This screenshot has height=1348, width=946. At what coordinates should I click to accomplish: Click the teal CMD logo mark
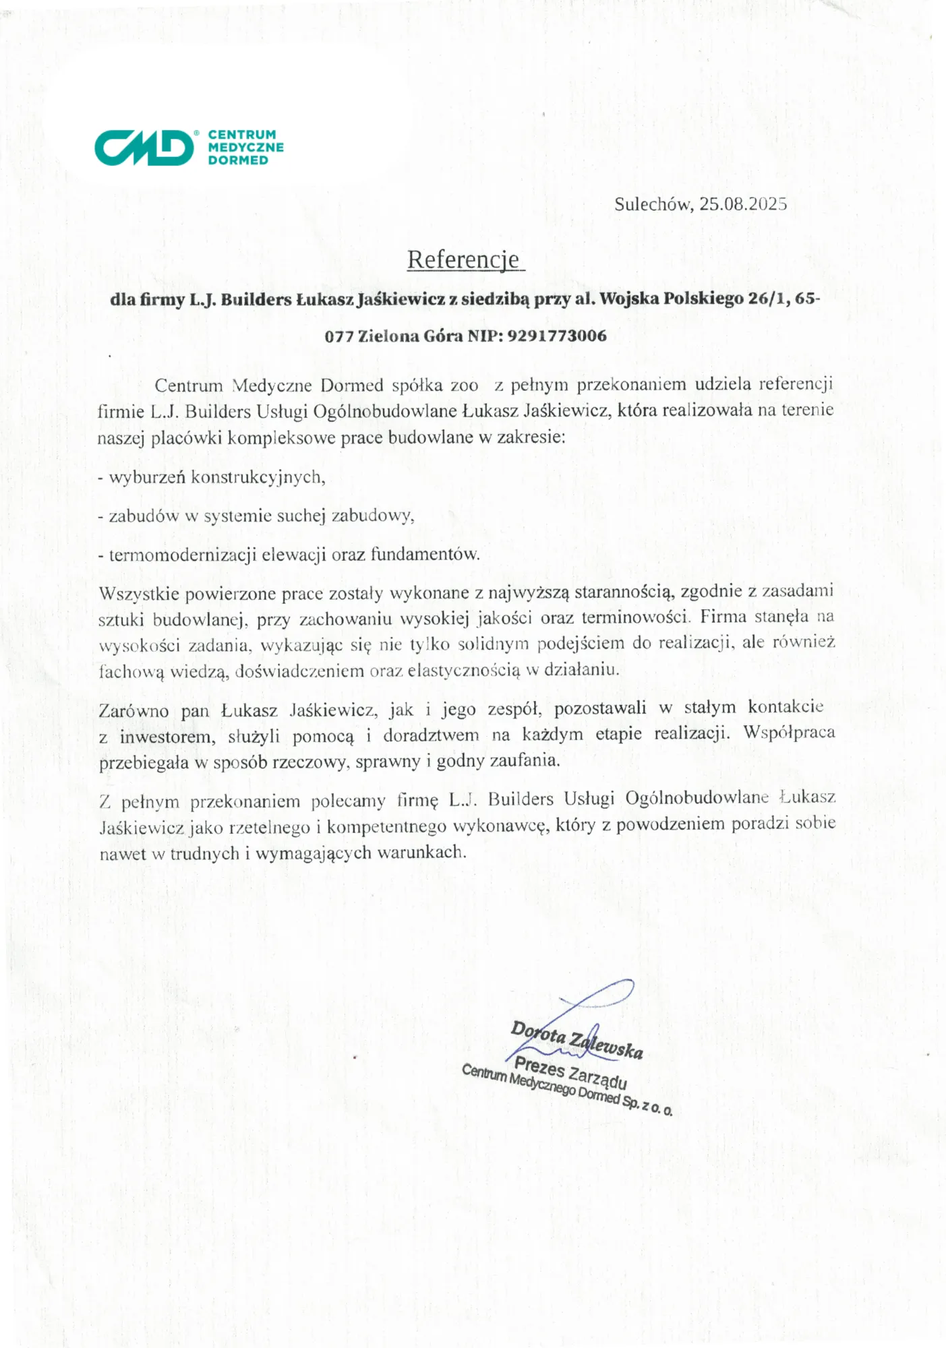point(144,147)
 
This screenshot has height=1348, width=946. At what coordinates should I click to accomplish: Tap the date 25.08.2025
point(742,204)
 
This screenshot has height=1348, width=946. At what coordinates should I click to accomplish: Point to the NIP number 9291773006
point(556,336)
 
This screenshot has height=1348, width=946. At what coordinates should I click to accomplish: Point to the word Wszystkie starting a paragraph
point(138,594)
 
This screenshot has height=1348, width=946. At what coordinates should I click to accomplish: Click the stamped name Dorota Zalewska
point(577,1040)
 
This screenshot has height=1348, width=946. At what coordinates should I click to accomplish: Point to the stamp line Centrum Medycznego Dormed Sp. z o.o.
point(566,1091)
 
